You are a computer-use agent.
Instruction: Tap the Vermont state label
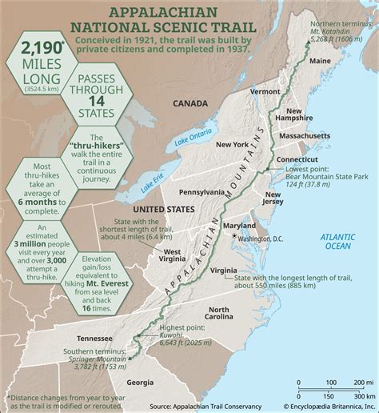(265, 92)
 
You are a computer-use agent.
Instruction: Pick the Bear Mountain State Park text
(328, 176)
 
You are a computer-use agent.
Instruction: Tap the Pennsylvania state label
(201, 193)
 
